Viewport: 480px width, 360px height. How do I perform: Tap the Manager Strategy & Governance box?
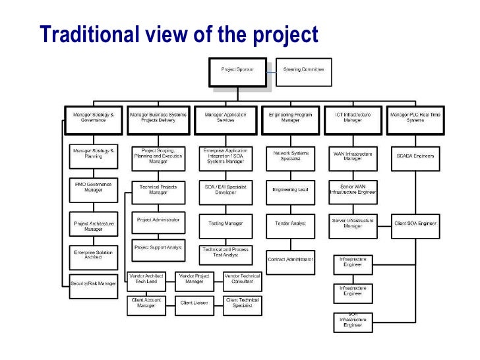[93, 117]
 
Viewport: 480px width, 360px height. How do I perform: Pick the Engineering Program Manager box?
[290, 117]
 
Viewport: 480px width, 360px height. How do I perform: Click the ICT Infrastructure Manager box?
[353, 117]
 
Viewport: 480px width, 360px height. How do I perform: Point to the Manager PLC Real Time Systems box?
[415, 117]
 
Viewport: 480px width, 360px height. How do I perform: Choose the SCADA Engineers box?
[415, 156]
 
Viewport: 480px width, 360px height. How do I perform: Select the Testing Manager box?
[225, 224]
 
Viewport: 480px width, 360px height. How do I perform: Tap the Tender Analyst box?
[290, 224]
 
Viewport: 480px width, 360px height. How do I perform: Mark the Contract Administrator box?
[290, 259]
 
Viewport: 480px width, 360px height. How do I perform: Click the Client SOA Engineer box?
[415, 224]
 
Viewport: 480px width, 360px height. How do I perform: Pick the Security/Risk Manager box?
[93, 284]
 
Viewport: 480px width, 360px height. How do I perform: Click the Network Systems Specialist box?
[290, 156]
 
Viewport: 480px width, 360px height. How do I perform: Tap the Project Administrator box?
[158, 220]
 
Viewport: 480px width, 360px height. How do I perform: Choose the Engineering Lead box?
[290, 189]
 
